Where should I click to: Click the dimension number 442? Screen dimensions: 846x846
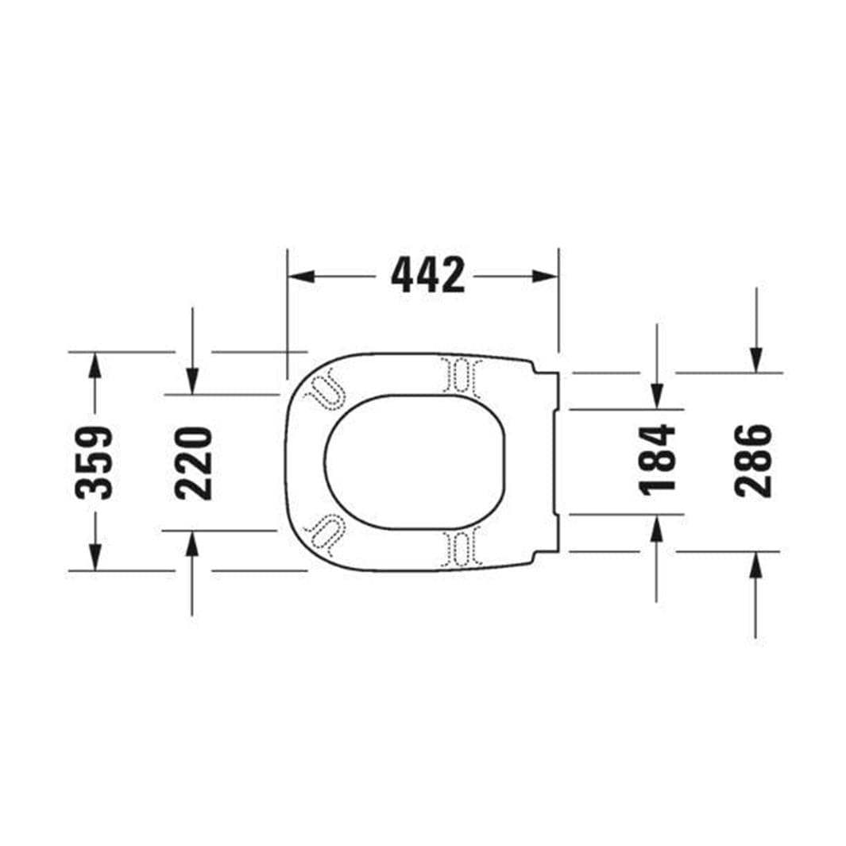pyautogui.click(x=428, y=276)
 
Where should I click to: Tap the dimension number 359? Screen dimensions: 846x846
pyautogui.click(x=94, y=462)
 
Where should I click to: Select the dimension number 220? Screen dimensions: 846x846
pyautogui.click(x=193, y=463)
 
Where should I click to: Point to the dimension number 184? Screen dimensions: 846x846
pyautogui.click(x=657, y=459)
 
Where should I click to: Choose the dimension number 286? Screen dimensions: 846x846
pyautogui.click(x=754, y=460)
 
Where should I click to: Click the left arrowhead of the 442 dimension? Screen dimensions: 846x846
pyautogui.click(x=301, y=276)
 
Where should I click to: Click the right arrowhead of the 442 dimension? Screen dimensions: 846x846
pyautogui.click(x=545, y=276)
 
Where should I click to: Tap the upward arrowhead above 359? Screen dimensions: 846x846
pyautogui.click(x=95, y=365)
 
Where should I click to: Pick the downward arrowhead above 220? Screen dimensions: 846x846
pyautogui.click(x=193, y=382)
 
